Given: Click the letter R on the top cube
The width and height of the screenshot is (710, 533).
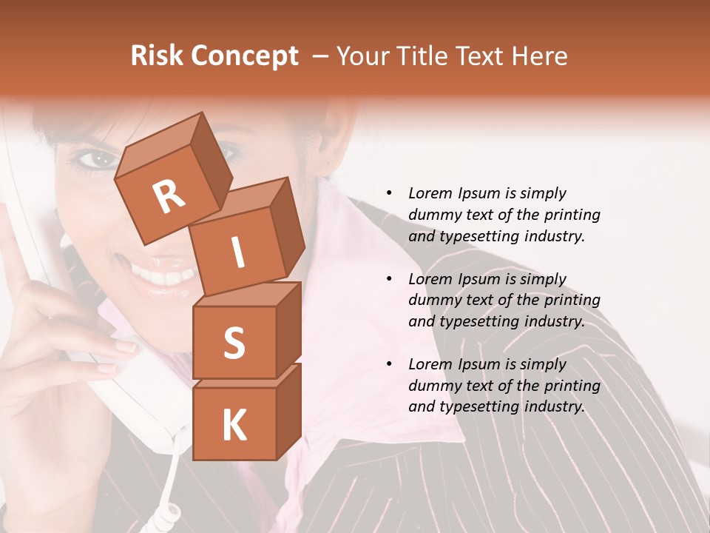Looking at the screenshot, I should pyautogui.click(x=169, y=198).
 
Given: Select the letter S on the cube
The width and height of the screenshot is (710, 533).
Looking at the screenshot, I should pyautogui.click(x=234, y=343).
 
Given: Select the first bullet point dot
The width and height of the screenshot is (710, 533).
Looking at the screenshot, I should pyautogui.click(x=389, y=194).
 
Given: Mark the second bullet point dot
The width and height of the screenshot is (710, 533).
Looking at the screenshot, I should pyautogui.click(x=389, y=279).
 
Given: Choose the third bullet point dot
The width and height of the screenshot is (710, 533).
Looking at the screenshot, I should pyautogui.click(x=389, y=364).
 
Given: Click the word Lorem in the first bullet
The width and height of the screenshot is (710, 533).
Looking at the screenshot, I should pyautogui.click(x=430, y=193).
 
